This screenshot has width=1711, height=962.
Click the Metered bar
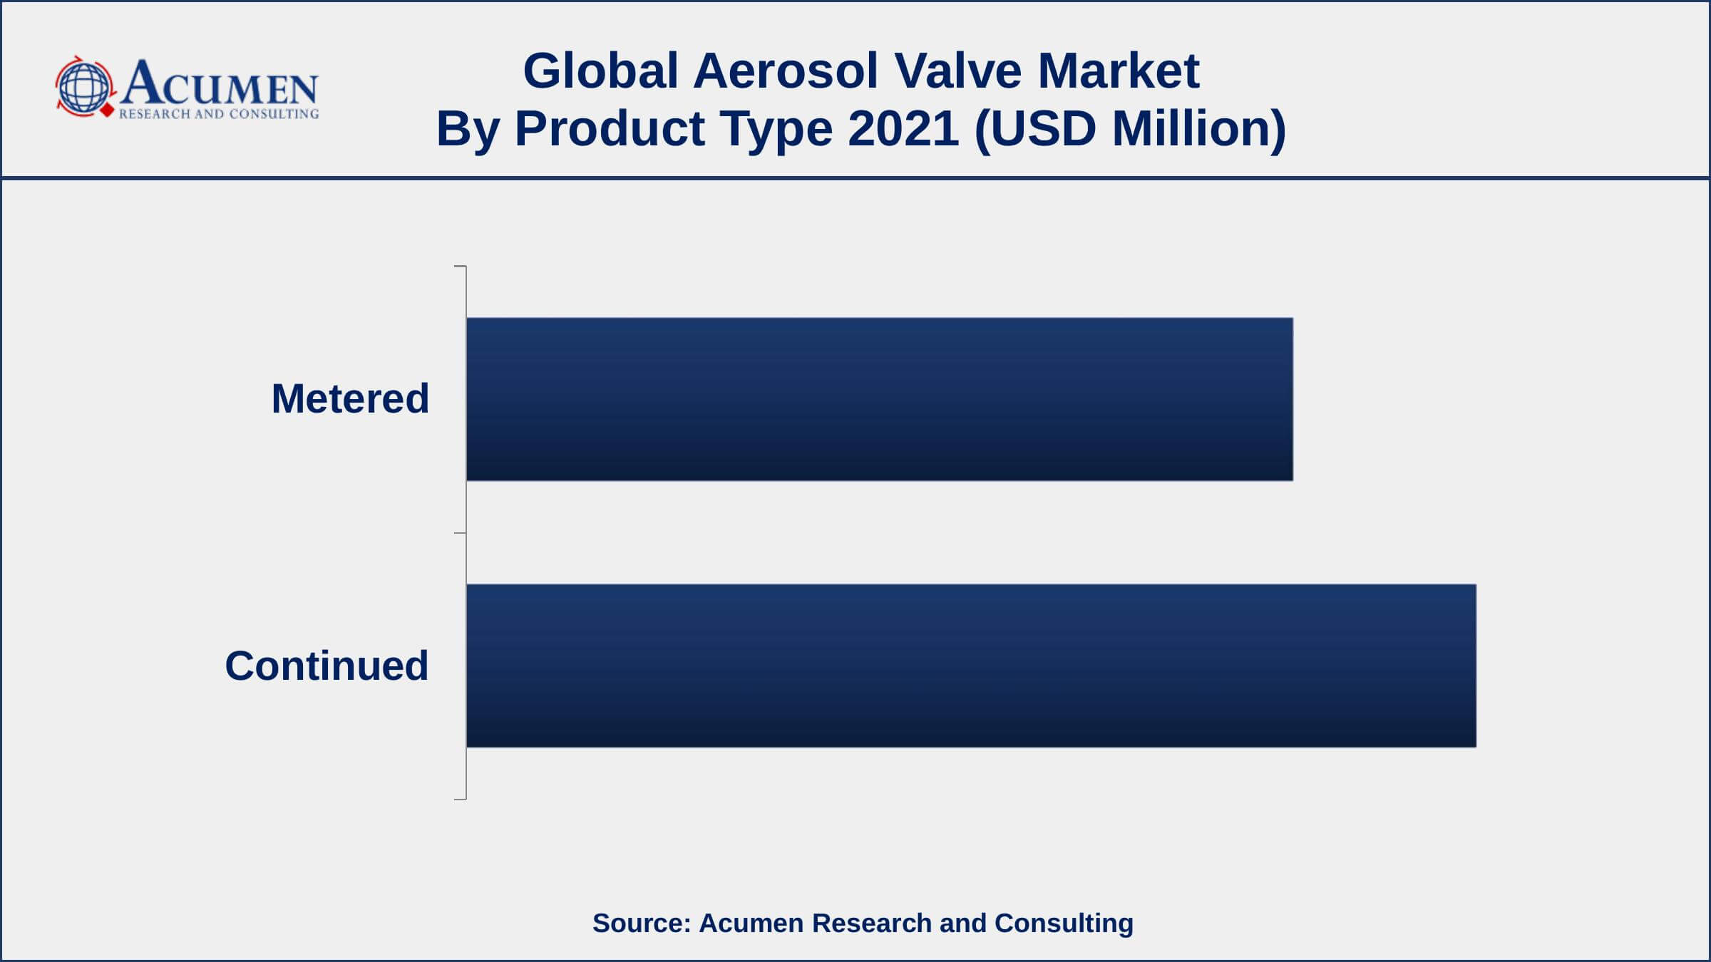click(879, 399)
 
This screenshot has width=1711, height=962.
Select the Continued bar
click(971, 666)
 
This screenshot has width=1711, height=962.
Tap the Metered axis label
click(350, 398)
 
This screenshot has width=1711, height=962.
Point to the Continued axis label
click(327, 666)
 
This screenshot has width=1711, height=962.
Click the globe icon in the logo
click(84, 88)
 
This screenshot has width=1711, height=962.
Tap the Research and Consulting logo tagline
click(219, 114)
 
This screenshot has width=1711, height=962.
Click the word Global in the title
click(600, 71)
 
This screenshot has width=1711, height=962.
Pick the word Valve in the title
click(958, 71)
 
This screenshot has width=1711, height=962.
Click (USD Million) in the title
click(1130, 129)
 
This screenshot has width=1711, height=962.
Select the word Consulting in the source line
click(1064, 924)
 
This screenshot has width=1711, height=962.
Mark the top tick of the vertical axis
click(460, 267)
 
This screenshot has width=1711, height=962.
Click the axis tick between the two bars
click(460, 533)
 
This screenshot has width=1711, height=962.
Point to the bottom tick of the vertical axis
click(460, 800)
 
